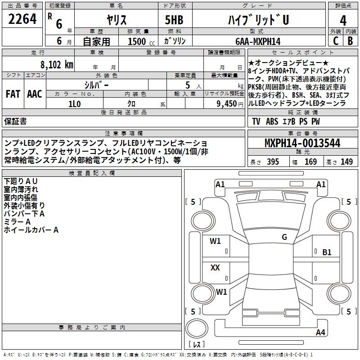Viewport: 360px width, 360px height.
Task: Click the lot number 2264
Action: coord(22,19)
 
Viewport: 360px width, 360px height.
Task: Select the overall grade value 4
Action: coord(343,20)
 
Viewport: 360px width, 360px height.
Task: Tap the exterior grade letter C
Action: coord(336,41)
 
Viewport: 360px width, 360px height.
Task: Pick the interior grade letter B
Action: coord(350,41)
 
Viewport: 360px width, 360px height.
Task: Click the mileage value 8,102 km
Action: coord(57,65)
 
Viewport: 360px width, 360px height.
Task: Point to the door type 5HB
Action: coord(174,20)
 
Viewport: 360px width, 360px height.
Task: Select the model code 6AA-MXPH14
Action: coord(258,41)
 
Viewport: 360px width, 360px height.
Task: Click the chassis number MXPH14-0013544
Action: coord(302,143)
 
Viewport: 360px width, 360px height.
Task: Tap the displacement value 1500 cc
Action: coord(141,41)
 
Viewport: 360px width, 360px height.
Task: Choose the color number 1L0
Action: coord(75,104)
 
